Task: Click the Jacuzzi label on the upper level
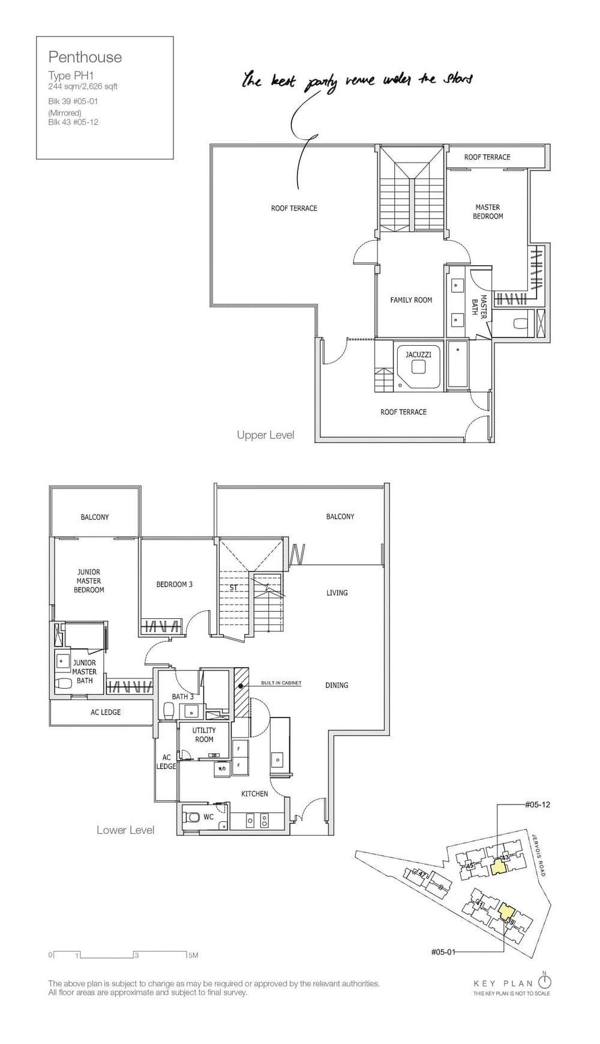point(418,354)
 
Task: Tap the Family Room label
point(411,300)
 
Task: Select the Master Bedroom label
point(487,211)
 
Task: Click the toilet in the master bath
point(520,324)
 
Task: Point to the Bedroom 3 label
point(174,584)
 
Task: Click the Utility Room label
point(204,735)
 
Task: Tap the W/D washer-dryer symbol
point(221,768)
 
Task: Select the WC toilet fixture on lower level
point(193,817)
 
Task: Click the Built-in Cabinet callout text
point(281,683)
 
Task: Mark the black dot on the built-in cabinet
point(241,685)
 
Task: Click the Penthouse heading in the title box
point(85,57)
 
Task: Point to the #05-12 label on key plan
point(537,804)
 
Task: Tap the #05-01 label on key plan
point(443,952)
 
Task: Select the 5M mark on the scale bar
point(193,955)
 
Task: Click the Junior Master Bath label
point(85,671)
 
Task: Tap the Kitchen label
point(254,794)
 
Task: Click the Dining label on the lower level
point(337,685)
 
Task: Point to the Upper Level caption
point(265,435)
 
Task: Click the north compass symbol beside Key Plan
point(544,982)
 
